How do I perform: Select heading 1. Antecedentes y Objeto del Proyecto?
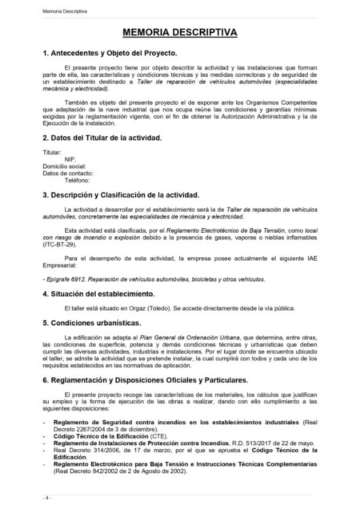pyautogui.click(x=109, y=53)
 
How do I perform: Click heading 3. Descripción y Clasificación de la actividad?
pyautogui.click(x=120, y=195)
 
